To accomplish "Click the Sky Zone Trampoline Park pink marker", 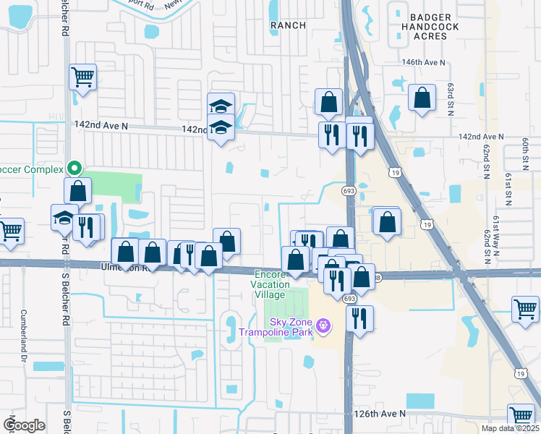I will pos(323,328).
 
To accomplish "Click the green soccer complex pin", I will pos(74,169).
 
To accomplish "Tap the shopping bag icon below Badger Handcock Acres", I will pos(422,98).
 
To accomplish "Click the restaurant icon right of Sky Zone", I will pos(359,317).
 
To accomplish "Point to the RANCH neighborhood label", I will pos(288,25).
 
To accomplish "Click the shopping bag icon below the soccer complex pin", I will pos(78,192).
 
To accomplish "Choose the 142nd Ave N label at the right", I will pos(481,137).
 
